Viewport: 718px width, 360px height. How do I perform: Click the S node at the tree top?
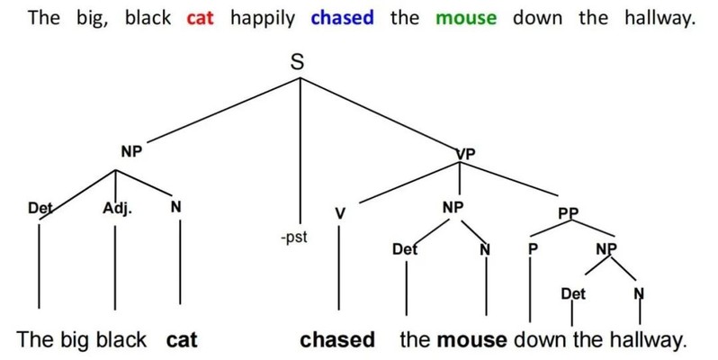point(298,64)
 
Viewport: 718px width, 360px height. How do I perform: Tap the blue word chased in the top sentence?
point(343,18)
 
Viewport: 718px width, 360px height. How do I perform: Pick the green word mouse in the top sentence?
point(465,18)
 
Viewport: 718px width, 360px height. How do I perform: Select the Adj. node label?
point(117,208)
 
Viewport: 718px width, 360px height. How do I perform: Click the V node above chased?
point(339,213)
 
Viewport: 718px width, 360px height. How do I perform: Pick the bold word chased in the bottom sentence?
point(337,340)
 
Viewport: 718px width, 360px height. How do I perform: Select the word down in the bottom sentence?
point(538,340)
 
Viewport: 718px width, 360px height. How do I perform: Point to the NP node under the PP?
point(606,247)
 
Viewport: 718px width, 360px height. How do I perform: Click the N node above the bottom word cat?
point(176,208)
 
